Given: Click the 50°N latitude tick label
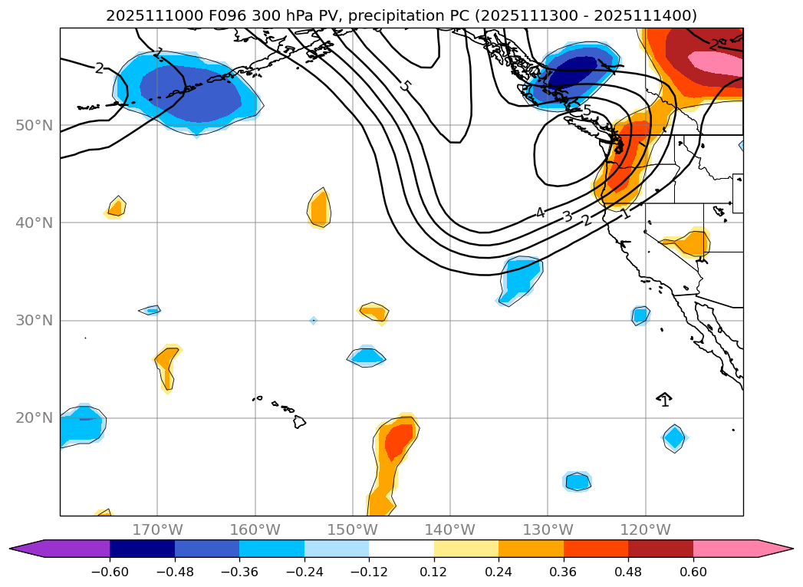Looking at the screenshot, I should click(x=34, y=126).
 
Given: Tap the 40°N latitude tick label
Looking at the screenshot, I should click(x=34, y=223).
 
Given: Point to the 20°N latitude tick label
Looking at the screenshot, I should click(x=34, y=418).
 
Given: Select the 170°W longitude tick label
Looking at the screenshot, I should click(x=157, y=529).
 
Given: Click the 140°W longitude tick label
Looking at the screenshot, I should click(x=450, y=529).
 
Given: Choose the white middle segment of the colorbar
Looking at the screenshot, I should click(x=401, y=548).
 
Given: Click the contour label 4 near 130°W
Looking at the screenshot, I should click(x=540, y=213).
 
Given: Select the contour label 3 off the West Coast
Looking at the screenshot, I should click(x=567, y=216).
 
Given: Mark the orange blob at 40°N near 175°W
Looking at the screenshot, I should click(x=117, y=206).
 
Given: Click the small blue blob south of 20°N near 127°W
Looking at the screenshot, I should click(x=577, y=481).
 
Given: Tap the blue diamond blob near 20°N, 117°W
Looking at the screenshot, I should click(x=674, y=437).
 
